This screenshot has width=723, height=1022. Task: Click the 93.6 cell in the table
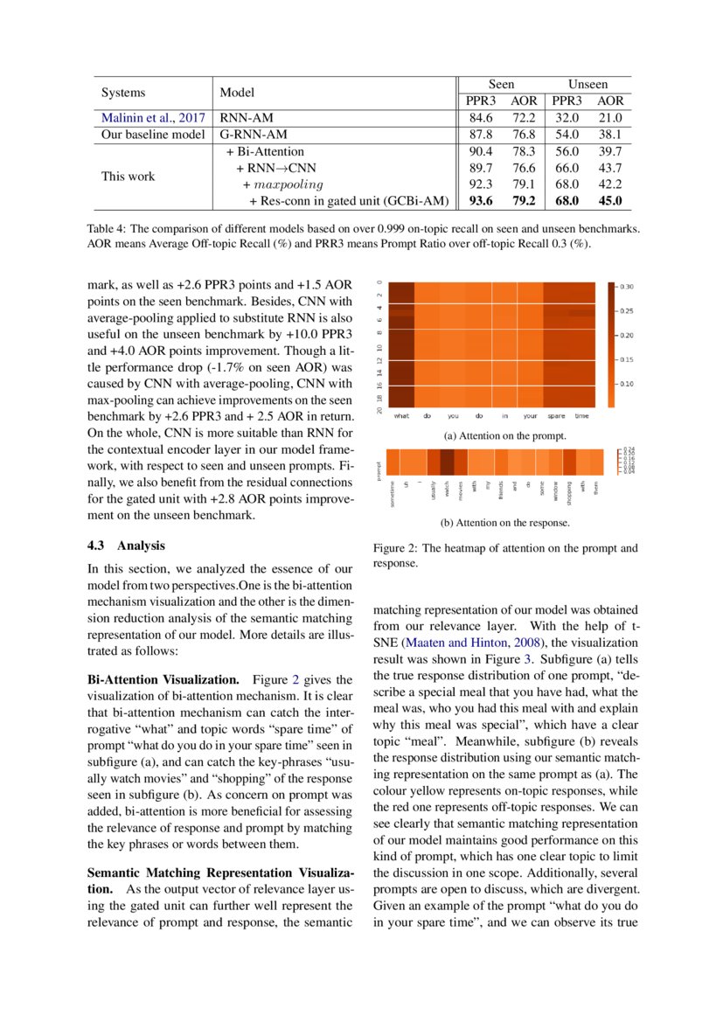click(x=482, y=201)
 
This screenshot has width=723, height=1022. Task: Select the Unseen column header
click(x=587, y=84)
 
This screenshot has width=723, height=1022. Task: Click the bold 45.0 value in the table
click(x=610, y=201)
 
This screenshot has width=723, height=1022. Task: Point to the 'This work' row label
click(x=128, y=177)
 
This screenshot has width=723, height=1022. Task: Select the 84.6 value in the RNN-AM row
click(x=482, y=118)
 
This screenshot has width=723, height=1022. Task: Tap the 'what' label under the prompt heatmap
click(x=401, y=415)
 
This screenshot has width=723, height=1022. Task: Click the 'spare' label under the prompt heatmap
click(x=556, y=415)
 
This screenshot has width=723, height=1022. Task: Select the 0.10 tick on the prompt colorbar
click(x=628, y=384)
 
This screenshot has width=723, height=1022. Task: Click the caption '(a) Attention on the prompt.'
click(x=505, y=435)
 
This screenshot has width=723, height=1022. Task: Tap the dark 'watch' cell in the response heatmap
click(x=447, y=461)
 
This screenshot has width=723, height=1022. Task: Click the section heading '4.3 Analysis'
click(x=126, y=546)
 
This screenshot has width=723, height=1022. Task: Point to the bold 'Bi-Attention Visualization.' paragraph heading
click(x=163, y=679)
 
